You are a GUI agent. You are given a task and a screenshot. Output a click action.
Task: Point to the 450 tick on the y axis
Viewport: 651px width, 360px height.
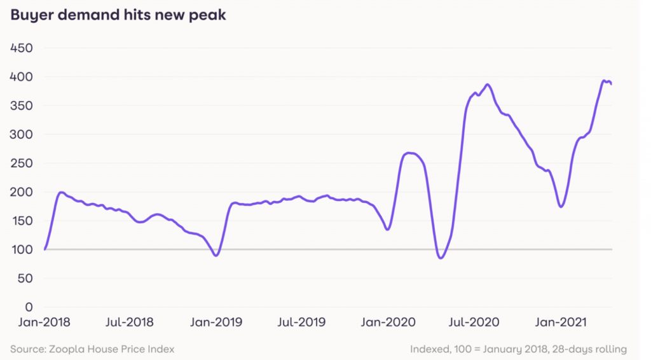(x=23, y=48)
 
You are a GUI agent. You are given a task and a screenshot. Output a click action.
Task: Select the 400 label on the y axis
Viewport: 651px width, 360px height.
(x=23, y=77)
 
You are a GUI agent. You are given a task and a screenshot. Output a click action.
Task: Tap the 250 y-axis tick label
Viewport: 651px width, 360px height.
(x=23, y=163)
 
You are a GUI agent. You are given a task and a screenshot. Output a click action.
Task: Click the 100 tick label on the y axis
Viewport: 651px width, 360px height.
(x=23, y=250)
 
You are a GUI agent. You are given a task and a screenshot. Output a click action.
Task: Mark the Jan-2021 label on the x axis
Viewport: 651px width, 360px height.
(x=559, y=322)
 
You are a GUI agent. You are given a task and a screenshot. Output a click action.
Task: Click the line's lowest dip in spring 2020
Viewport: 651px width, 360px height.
(x=440, y=258)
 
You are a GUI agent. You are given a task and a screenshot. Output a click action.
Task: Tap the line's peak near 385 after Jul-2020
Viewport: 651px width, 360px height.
(x=488, y=85)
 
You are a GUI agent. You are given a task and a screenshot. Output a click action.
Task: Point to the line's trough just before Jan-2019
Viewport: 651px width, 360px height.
(x=216, y=256)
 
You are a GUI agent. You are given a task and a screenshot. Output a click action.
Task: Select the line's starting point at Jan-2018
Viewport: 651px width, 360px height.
(x=45, y=249)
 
